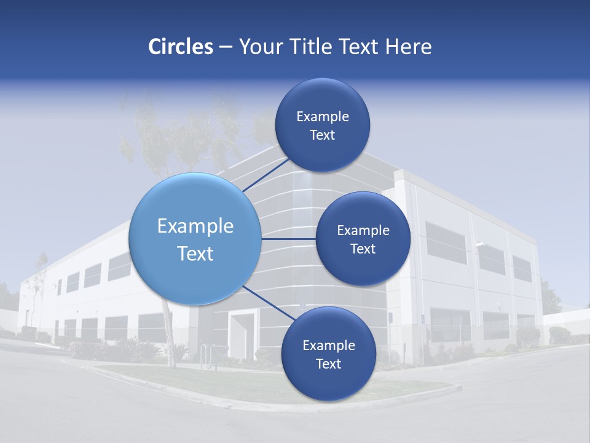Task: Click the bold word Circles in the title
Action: point(181,47)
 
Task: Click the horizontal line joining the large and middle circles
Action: point(289,239)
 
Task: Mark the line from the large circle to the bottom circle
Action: point(268,302)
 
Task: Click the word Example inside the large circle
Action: point(195,226)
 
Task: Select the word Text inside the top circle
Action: point(322,135)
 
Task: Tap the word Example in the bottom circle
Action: point(329,346)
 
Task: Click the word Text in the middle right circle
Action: point(363,249)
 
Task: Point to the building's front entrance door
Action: point(241,335)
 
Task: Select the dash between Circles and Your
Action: point(225,47)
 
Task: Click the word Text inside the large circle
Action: point(195,253)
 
